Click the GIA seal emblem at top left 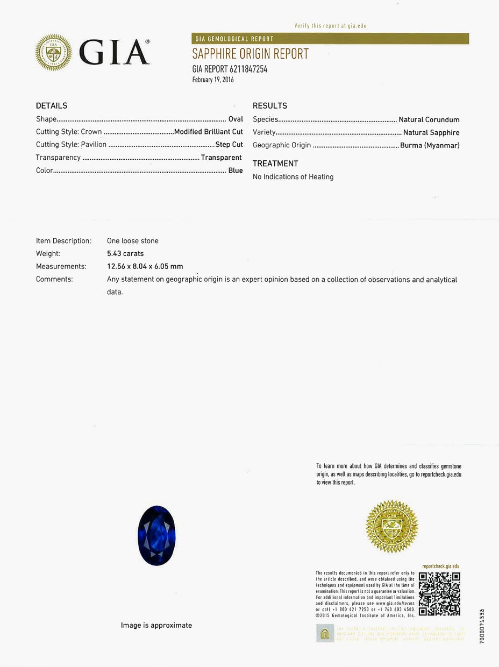53,53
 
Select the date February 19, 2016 213,80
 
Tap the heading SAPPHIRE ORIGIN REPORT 251,54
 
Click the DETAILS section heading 52,105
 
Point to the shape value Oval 236,119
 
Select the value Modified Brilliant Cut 209,132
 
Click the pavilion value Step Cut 229,145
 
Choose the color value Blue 236,171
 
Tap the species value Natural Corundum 429,119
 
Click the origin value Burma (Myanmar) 430,145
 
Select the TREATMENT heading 275,164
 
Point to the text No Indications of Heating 293,177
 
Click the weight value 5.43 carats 125,253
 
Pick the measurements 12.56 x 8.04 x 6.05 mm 145,266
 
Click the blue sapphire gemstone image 156,535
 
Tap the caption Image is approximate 156,625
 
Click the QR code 439,593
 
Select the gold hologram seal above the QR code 391,526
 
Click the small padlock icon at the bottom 324,633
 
